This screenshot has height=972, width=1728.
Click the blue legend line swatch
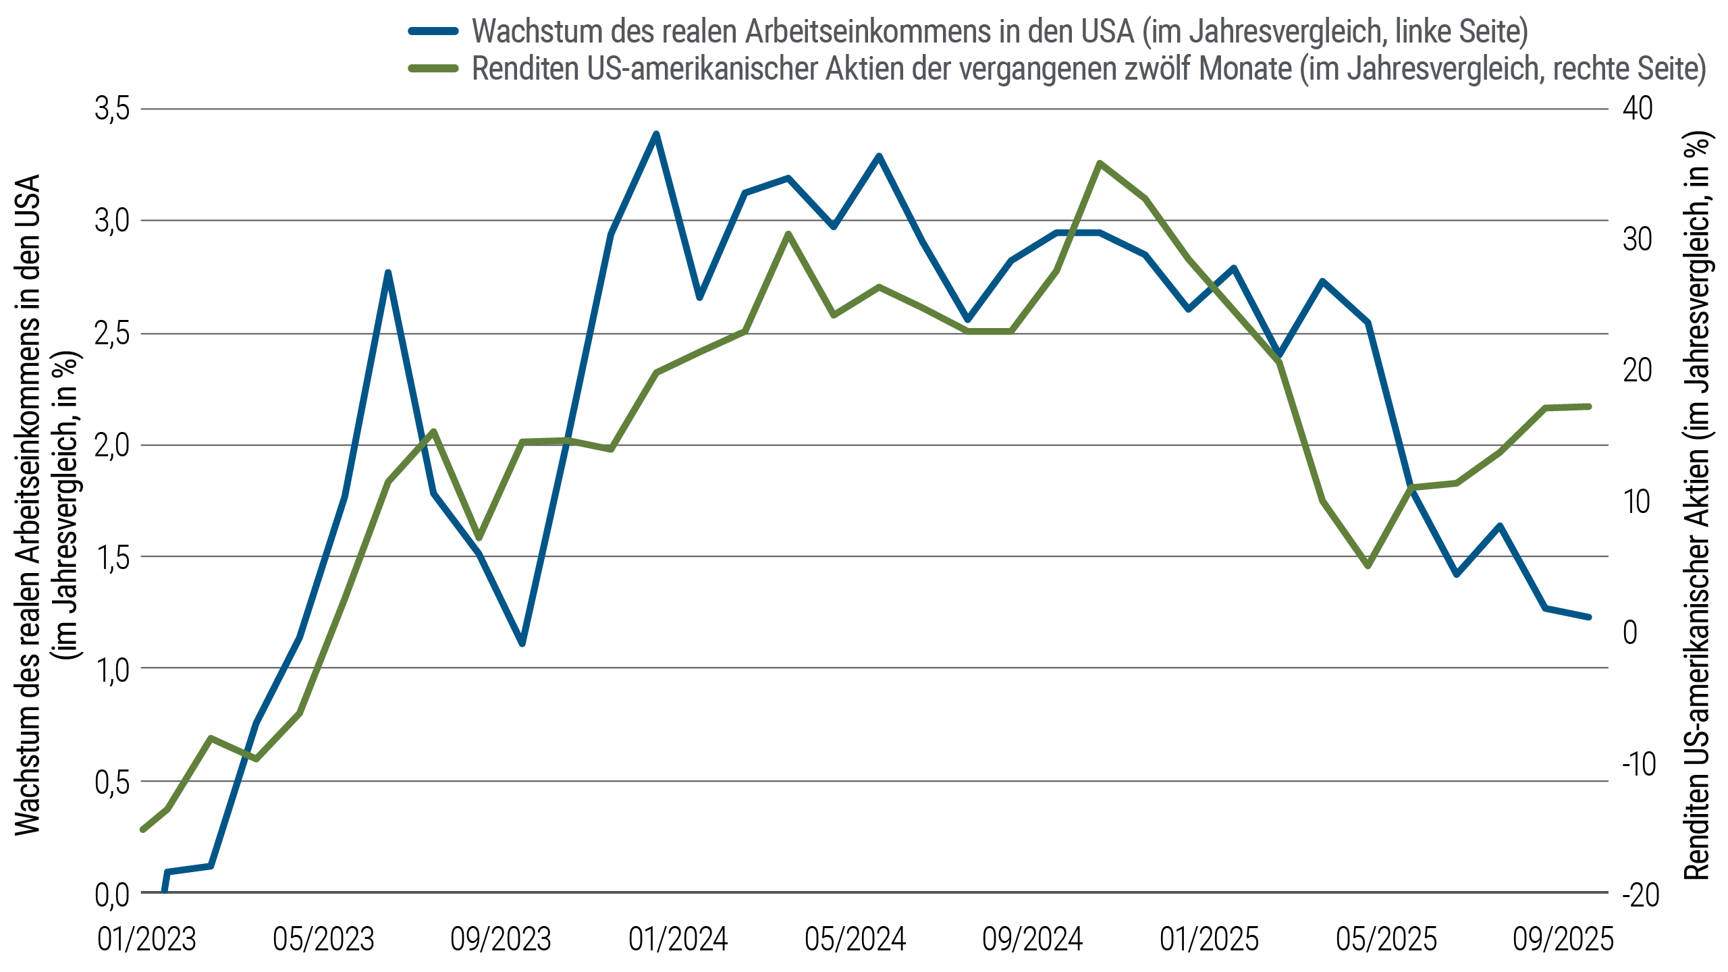(433, 32)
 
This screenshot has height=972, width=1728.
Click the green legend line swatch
(433, 69)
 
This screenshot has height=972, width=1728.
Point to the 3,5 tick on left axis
(112, 109)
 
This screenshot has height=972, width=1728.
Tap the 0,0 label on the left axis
(112, 895)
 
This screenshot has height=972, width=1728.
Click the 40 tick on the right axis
(1637, 108)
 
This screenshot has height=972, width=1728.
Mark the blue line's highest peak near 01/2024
(655, 134)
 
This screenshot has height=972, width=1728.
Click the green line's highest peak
(1100, 163)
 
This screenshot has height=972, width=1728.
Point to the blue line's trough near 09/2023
(522, 643)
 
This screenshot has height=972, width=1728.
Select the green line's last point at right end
(1589, 406)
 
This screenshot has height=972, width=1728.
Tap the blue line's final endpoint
(1589, 617)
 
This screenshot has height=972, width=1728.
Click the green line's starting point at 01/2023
(142, 830)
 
